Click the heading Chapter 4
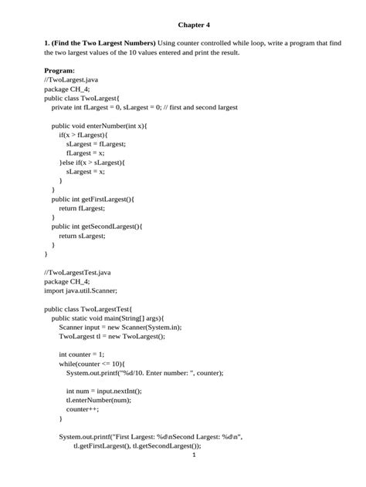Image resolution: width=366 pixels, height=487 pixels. pyautogui.click(x=194, y=25)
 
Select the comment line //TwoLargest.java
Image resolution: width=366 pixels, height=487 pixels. pyautogui.click(x=73, y=79)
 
